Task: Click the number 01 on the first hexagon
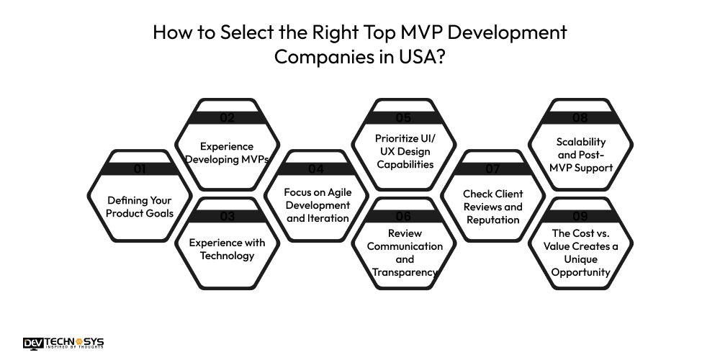[140, 169]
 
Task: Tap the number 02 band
[228, 117]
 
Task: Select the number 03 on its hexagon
[228, 215]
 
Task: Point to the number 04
[316, 169]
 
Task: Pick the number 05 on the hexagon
[404, 117]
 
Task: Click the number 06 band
[404, 215]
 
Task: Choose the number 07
[492, 169]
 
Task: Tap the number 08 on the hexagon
[580, 117]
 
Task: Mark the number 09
[580, 215]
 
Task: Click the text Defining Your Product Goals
[140, 206]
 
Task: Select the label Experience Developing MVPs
[228, 153]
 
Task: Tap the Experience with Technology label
[228, 248]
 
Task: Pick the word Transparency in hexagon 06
[404, 272]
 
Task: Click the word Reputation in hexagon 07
[492, 220]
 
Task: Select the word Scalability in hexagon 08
[580, 142]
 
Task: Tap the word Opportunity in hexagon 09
[580, 272]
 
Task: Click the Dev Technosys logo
[63, 343]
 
